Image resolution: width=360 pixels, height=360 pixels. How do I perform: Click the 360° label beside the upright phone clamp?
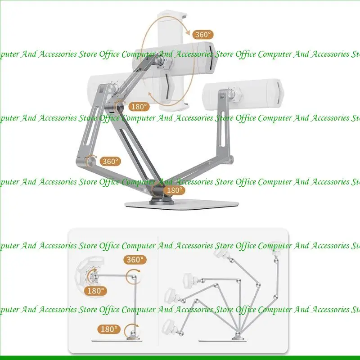[203, 35]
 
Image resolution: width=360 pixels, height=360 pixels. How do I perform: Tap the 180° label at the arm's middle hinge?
[139, 107]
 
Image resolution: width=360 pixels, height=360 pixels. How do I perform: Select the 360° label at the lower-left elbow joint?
[110, 162]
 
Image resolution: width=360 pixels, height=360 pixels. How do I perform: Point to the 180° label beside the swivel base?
[175, 190]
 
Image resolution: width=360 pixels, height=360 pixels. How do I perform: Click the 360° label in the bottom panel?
[135, 260]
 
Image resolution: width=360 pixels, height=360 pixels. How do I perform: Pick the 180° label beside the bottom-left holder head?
[95, 291]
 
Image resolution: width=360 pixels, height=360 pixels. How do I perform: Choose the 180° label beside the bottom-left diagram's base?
[109, 329]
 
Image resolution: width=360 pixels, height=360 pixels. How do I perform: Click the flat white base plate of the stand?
[181, 204]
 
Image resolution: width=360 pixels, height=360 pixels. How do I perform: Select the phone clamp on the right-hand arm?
[243, 94]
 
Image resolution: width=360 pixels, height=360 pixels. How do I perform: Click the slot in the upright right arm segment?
[222, 129]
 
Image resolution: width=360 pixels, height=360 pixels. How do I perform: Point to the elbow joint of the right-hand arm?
[230, 159]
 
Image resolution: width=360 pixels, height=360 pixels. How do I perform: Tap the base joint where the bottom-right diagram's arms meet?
[238, 335]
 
